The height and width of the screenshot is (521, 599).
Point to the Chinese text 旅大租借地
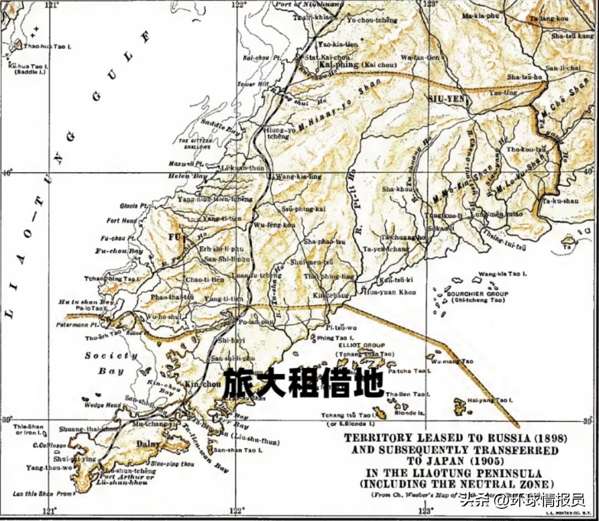coord(303,383)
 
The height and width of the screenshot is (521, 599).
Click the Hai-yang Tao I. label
coord(490,399)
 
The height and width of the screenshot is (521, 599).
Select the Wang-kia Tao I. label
coord(502,274)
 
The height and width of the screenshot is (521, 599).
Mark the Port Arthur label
coord(127,477)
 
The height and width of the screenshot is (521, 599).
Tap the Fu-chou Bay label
coord(119,251)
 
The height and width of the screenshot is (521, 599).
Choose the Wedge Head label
coord(102,405)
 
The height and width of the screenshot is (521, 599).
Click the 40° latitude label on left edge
coord(7,172)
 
